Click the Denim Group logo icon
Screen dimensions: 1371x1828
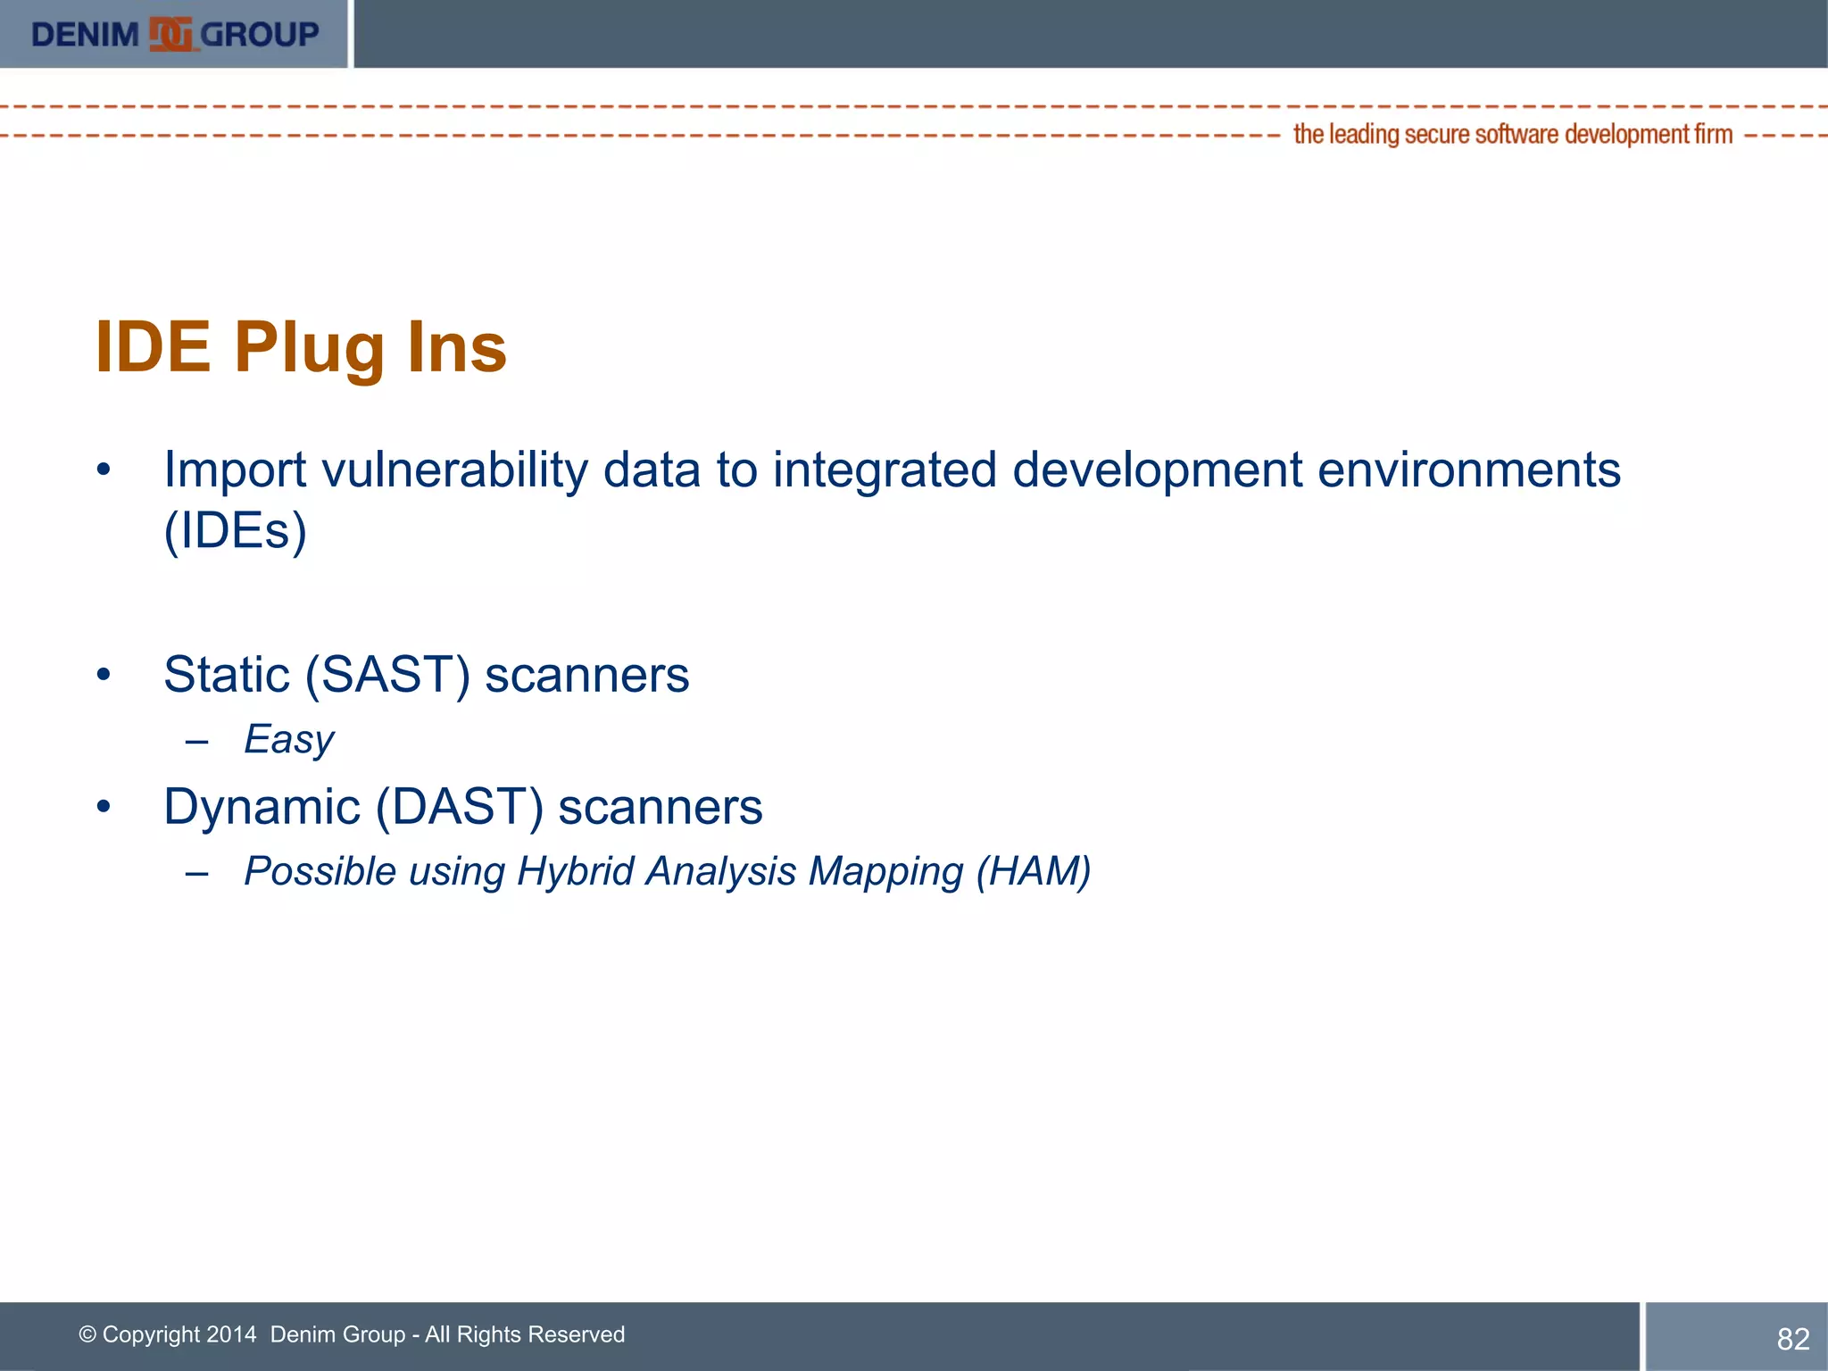click(170, 34)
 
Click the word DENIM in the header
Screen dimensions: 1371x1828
click(85, 35)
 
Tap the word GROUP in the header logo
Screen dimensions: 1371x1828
click(259, 35)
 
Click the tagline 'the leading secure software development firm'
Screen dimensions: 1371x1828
click(1512, 135)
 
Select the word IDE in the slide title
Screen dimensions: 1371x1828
click(153, 347)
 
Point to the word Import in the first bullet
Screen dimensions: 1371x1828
click(235, 470)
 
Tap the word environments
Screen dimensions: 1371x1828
click(1468, 470)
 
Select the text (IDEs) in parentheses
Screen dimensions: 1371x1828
click(235, 531)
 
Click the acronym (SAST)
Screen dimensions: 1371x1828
click(386, 675)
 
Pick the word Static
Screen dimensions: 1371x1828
click(227, 675)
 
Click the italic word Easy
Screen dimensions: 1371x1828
click(288, 740)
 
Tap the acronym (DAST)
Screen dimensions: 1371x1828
click(459, 807)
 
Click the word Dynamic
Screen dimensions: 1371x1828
click(262, 807)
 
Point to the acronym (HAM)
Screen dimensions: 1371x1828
click(1033, 872)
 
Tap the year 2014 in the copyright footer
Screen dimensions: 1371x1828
click(231, 1334)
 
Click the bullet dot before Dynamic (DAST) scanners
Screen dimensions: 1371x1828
click(104, 807)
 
